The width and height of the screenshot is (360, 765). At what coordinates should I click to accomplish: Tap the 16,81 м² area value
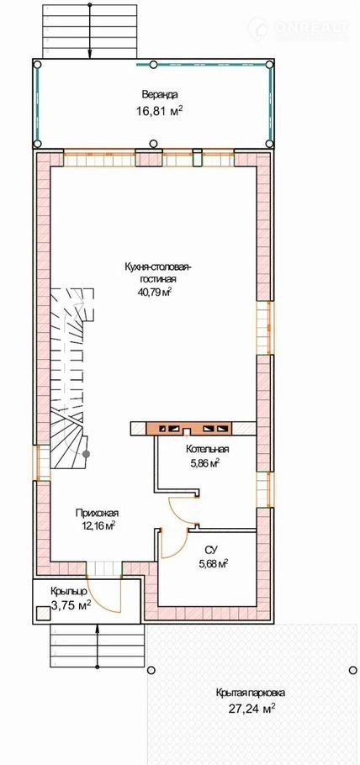point(159,111)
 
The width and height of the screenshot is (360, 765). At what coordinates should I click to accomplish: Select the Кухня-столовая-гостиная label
point(156,273)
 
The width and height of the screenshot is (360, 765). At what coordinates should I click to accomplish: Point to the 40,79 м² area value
point(156,293)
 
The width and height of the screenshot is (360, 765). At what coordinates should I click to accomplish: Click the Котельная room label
point(208,450)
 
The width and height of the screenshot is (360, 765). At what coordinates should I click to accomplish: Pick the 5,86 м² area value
point(204,463)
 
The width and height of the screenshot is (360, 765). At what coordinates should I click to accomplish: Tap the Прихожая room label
point(98,513)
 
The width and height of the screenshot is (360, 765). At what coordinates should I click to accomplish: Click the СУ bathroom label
point(210,551)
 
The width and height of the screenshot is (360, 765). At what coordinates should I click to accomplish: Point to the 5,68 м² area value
point(214,564)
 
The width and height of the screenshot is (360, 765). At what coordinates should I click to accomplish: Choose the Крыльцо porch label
point(68,592)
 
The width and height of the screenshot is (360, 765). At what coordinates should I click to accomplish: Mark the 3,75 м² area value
point(71,605)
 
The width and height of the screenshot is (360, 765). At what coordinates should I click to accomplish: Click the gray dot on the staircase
point(86,454)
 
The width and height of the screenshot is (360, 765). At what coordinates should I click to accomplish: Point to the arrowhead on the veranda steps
point(90,55)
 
